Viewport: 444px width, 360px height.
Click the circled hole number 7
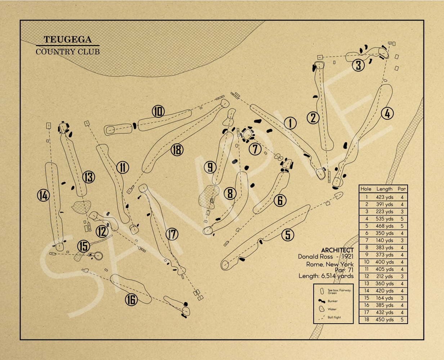click(255, 149)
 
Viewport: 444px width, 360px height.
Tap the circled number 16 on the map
click(131, 299)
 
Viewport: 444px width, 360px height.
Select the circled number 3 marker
click(358, 65)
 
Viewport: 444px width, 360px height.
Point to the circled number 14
click(43, 195)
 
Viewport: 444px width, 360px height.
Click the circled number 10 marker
click(158, 111)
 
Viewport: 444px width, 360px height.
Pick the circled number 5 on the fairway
click(287, 235)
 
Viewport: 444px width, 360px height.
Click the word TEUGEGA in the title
click(68, 40)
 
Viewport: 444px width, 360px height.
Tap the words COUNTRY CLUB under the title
click(68, 51)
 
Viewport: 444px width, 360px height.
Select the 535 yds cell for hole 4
click(384, 219)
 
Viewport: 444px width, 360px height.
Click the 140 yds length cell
click(384, 240)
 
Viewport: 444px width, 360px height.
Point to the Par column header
click(402, 189)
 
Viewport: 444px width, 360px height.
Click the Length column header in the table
click(384, 189)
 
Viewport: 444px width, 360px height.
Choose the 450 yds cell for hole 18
click(384, 319)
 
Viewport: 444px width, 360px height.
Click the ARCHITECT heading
click(337, 250)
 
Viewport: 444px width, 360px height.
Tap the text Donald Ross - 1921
click(326, 257)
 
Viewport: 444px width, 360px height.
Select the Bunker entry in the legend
click(332, 301)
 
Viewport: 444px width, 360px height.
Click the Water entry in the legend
click(332, 309)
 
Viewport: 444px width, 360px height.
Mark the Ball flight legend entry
click(334, 318)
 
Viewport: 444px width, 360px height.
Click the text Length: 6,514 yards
click(326, 276)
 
